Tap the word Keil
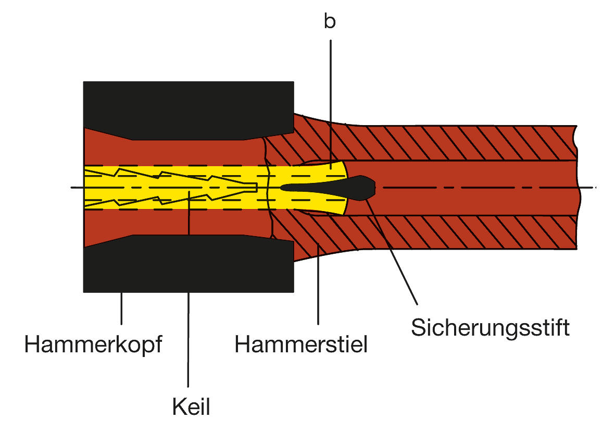(191, 407)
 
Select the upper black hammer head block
(187, 107)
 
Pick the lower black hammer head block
(187, 266)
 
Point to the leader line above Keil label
(188, 339)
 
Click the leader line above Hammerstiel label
(318, 292)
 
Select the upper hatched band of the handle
(443, 143)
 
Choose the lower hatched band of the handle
(443, 231)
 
